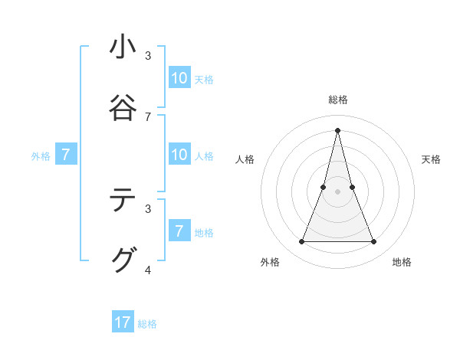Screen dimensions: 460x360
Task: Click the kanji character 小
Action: (123, 47)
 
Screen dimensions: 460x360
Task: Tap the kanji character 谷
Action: (123, 106)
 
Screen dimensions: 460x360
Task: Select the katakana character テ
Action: (123, 201)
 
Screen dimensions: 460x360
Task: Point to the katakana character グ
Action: (123, 260)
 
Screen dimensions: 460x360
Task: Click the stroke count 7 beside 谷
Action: (148, 116)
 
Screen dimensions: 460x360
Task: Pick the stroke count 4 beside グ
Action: (148, 270)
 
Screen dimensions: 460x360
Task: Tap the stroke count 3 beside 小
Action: (148, 56)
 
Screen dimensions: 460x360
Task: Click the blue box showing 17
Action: (123, 322)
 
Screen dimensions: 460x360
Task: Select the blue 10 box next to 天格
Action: (179, 78)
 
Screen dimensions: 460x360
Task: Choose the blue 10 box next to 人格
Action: (179, 155)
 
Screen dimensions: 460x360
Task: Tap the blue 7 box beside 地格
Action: (179, 231)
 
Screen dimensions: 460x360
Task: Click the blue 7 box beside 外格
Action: (66, 155)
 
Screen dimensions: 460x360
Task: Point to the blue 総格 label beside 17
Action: (147, 324)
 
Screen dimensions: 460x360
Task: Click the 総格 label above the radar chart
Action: (337, 100)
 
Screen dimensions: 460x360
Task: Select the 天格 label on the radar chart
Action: (431, 159)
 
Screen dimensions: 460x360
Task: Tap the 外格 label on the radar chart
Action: (270, 262)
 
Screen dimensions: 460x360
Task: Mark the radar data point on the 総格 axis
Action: (337, 129)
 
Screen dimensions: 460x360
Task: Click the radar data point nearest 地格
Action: (374, 242)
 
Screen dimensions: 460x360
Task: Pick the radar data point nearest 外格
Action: (301, 242)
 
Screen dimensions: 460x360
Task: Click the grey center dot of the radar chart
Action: (337, 191)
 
